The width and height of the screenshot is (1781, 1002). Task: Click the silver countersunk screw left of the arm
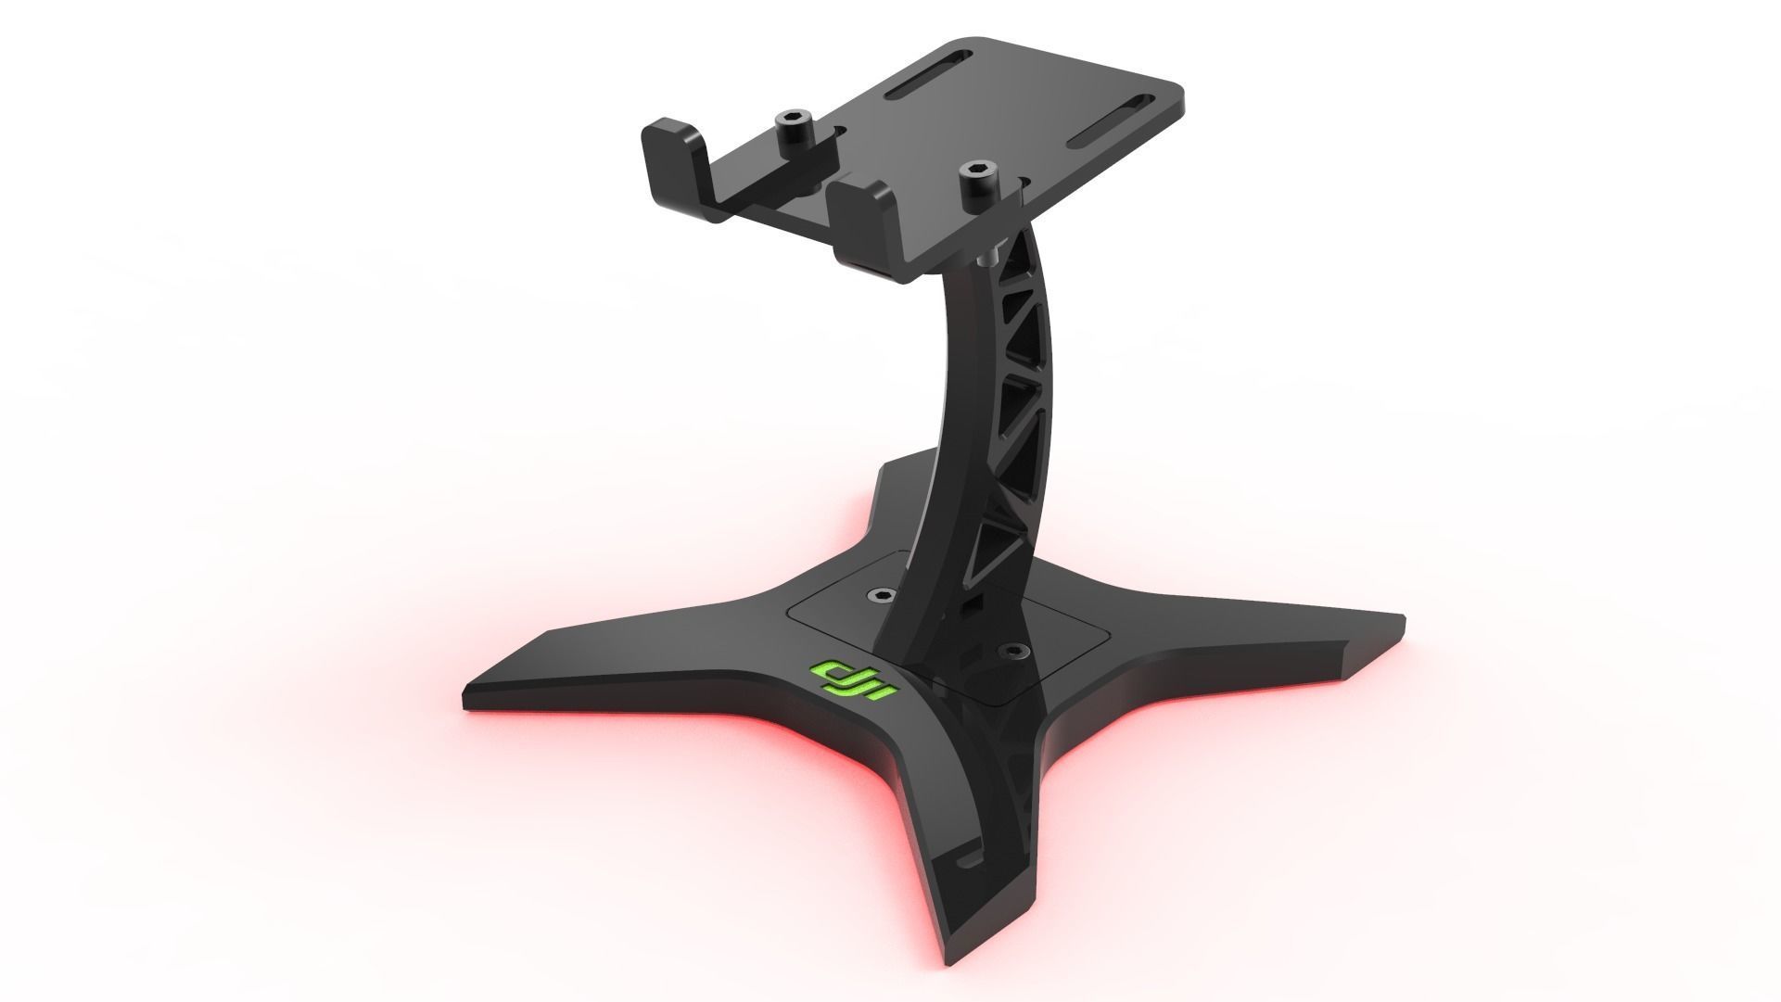click(x=877, y=592)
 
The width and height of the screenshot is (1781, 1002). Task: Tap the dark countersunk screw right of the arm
click(x=1012, y=651)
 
